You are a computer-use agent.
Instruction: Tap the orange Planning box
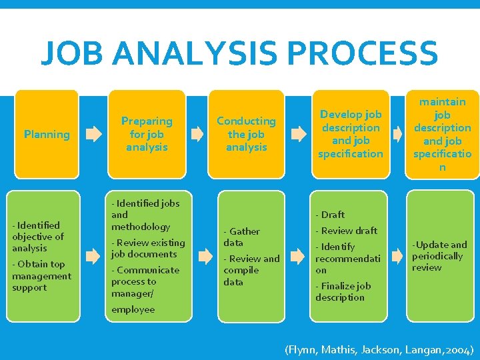tap(47, 134)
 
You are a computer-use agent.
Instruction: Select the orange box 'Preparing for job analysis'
tap(147, 134)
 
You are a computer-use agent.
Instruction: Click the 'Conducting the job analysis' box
tap(246, 134)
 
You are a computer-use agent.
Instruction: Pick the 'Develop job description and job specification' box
tap(351, 134)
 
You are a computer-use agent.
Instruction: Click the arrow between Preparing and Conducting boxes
tap(197, 134)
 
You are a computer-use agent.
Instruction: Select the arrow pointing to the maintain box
tap(398, 134)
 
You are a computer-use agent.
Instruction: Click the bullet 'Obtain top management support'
tap(41, 276)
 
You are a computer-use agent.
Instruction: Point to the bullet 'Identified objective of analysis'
tap(38, 237)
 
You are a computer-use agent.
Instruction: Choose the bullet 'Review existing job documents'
tap(148, 248)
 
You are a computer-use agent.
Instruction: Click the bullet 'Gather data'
tap(242, 237)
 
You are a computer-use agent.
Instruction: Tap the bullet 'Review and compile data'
tap(251, 270)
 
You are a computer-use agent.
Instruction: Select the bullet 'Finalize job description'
tap(343, 291)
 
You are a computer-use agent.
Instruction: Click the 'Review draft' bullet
tap(347, 231)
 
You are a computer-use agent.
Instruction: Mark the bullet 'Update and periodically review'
tap(439, 256)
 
